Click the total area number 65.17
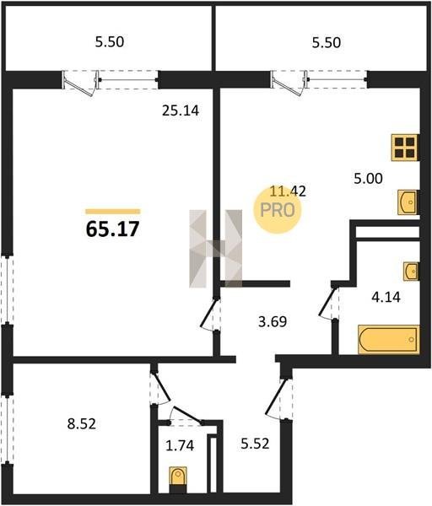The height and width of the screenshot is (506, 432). click(113, 229)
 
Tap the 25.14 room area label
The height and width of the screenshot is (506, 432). click(181, 110)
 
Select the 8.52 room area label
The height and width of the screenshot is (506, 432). click(82, 423)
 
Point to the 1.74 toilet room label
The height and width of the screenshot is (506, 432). click(180, 445)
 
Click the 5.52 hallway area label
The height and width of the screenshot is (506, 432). click(255, 444)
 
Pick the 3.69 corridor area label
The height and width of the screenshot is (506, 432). click(273, 322)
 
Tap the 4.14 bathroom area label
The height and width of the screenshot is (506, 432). click(386, 297)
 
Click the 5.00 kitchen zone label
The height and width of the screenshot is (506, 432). click(368, 179)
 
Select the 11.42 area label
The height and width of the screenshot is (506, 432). click(288, 191)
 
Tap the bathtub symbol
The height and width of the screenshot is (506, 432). click(388, 340)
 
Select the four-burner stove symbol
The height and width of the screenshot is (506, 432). click(405, 148)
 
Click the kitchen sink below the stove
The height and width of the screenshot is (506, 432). click(408, 202)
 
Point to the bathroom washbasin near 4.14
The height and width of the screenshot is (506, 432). click(411, 271)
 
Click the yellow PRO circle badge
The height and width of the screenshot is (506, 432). click(278, 210)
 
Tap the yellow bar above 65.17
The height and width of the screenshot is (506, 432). click(113, 212)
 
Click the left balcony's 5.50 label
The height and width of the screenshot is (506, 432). click(110, 42)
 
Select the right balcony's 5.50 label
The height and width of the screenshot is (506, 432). click(326, 43)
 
